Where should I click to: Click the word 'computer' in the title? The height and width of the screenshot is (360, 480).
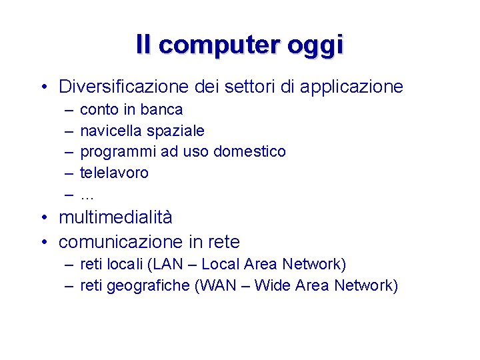point(220,45)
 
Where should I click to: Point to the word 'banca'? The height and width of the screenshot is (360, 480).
point(163,109)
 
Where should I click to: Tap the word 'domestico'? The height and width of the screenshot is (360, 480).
point(249,152)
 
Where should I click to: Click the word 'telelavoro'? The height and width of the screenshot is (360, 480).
point(114,173)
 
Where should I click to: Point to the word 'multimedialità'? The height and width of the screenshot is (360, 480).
point(115,218)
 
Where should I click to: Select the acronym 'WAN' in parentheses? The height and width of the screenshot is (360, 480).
point(217,286)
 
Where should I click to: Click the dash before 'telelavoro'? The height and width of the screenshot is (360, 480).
point(69,173)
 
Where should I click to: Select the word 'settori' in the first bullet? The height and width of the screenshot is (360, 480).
point(246,87)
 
